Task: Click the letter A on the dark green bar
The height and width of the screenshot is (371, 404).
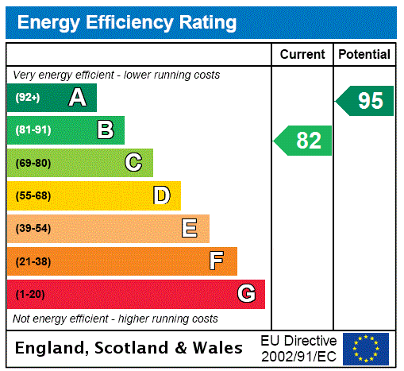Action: pyautogui.click(x=77, y=98)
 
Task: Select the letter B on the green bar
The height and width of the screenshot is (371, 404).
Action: pyautogui.click(x=105, y=129)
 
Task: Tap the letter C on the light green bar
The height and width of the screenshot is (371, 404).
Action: pyautogui.click(x=133, y=163)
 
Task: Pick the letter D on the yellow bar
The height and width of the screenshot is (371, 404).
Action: pyautogui.click(x=161, y=195)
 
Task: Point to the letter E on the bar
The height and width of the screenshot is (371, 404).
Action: pyautogui.click(x=189, y=229)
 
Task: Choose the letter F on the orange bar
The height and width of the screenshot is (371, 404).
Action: pyautogui.click(x=217, y=261)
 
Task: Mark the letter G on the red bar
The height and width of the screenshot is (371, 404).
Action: pyautogui.click(x=246, y=294)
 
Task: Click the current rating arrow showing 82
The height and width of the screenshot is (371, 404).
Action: pyautogui.click(x=303, y=141)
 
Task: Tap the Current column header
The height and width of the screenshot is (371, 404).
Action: pyautogui.click(x=302, y=55)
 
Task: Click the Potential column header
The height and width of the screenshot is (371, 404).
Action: pyautogui.click(x=364, y=55)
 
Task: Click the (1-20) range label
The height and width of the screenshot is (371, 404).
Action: pyautogui.click(x=30, y=294)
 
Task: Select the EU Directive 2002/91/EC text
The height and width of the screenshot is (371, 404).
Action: pyautogui.click(x=298, y=348)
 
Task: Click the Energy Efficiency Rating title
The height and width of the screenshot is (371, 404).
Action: pyautogui.click(x=127, y=22)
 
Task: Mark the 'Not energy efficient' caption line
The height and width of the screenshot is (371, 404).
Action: pyautogui.click(x=115, y=319)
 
